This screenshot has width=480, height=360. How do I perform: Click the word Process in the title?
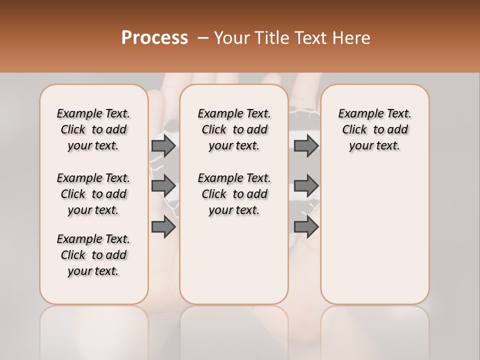[x=154, y=38]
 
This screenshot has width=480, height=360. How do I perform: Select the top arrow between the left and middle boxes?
[x=163, y=146]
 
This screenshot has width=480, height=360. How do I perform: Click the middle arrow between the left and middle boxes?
[x=163, y=186]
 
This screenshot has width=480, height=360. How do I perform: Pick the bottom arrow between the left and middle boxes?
[x=163, y=227]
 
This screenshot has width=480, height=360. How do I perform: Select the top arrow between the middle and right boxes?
[x=306, y=146]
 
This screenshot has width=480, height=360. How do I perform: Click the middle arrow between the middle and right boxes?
[x=306, y=186]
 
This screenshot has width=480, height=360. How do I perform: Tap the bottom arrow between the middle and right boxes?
[x=306, y=227]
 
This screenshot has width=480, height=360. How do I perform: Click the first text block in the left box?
[x=93, y=129]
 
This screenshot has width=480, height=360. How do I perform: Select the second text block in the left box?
[x=93, y=194]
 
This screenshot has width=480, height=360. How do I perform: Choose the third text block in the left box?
[x=93, y=255]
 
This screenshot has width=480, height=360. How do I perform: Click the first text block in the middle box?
[x=234, y=129]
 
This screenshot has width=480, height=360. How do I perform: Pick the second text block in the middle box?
[x=234, y=194]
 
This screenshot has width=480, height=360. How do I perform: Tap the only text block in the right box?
[x=374, y=129]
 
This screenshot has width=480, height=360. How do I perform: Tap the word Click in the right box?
[x=354, y=130]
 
